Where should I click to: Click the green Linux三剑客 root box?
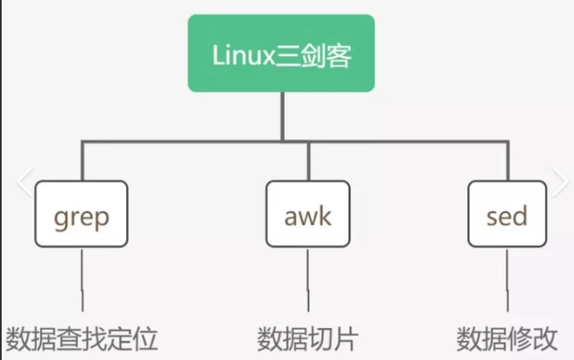[281, 53]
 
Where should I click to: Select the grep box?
[82, 214]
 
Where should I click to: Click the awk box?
[308, 214]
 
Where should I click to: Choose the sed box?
[507, 214]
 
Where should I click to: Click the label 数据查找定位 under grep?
[82, 338]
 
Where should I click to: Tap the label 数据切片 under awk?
[307, 338]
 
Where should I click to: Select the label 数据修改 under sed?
[508, 338]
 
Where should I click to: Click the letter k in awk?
[325, 214]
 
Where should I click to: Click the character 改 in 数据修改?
[546, 338]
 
